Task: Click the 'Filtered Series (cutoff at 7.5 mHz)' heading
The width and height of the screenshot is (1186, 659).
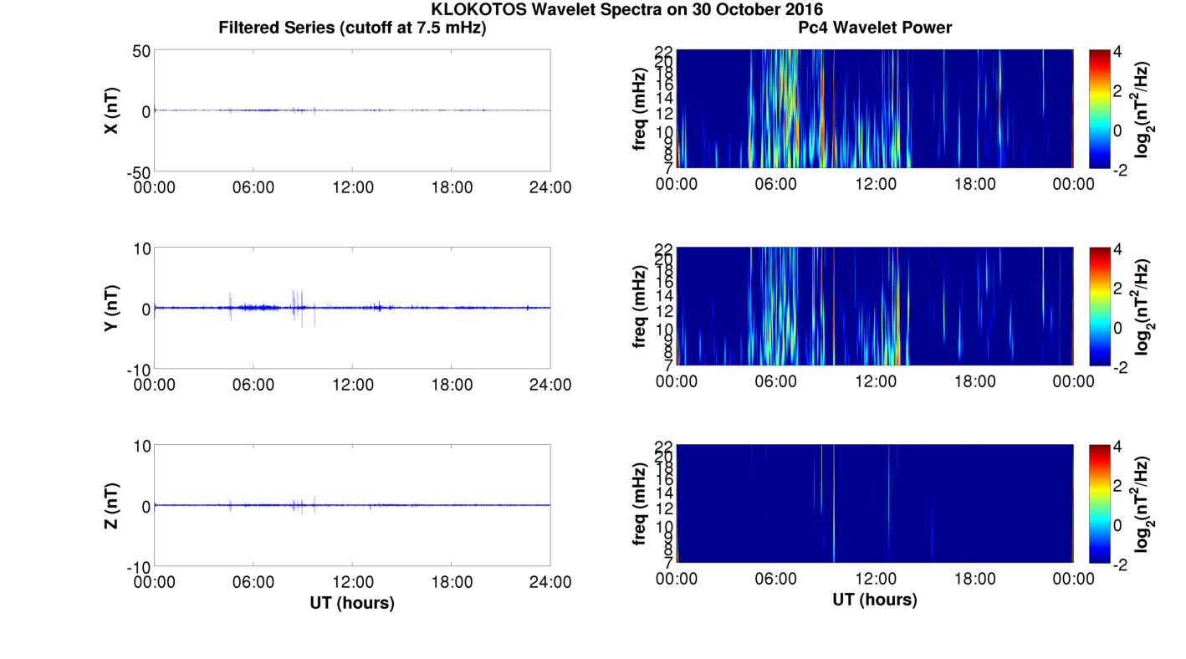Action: click(x=352, y=28)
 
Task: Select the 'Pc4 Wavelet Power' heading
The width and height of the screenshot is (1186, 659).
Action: click(x=875, y=28)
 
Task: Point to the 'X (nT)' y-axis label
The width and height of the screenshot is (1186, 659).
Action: click(x=110, y=110)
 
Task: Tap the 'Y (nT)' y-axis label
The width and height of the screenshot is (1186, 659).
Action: click(x=110, y=308)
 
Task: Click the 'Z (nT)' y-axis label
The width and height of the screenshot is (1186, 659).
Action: click(x=110, y=505)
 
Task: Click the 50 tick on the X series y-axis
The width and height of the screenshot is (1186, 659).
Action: click(x=140, y=51)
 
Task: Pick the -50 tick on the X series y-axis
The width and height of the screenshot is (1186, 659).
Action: click(x=135, y=172)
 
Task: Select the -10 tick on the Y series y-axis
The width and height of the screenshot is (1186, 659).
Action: click(x=135, y=370)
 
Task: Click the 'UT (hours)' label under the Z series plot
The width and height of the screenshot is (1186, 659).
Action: click(x=352, y=602)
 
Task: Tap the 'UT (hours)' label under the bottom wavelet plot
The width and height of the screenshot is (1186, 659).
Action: click(x=875, y=600)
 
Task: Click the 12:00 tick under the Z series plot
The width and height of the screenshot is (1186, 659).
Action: click(x=352, y=582)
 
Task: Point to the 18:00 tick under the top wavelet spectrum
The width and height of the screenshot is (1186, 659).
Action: click(x=974, y=184)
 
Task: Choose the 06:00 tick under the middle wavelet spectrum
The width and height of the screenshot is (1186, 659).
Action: click(x=775, y=381)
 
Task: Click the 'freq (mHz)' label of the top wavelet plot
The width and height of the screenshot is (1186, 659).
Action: click(x=640, y=110)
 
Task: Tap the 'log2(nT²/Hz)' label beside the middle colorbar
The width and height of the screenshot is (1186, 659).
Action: click(x=1143, y=307)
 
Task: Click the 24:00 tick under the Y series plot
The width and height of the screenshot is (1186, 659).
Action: click(x=550, y=385)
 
